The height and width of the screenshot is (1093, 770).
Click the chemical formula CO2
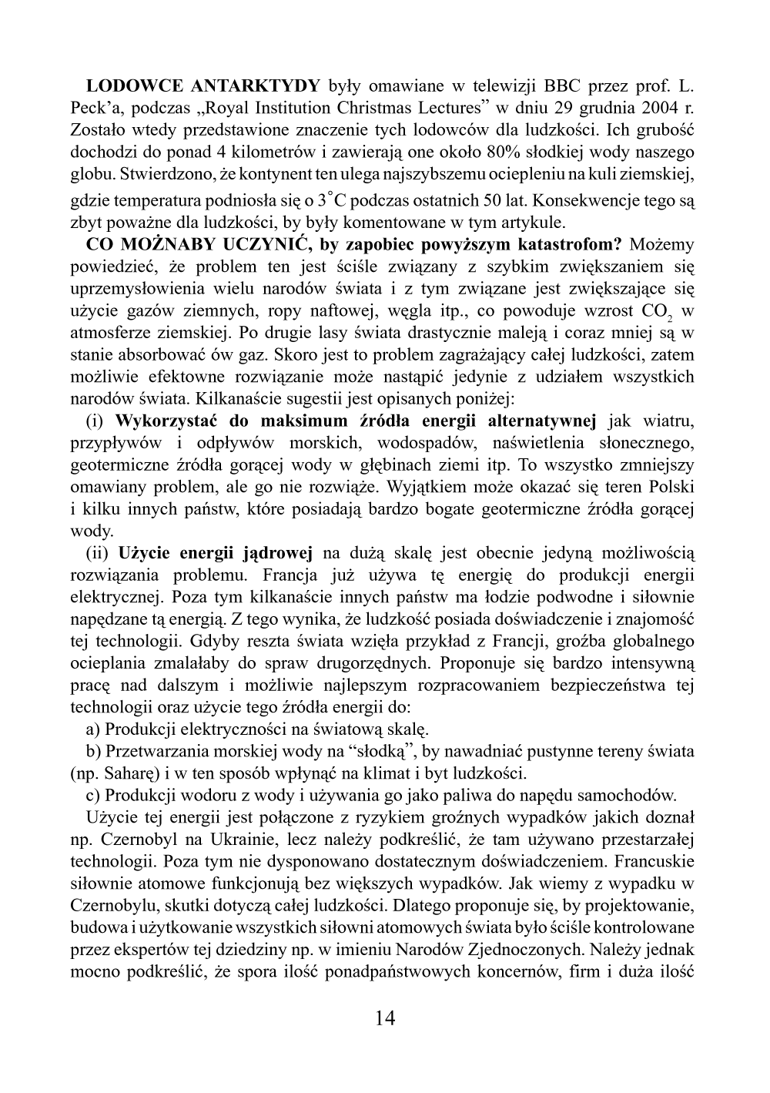click(657, 312)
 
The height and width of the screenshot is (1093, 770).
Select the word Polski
click(671, 488)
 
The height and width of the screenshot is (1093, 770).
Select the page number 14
click(384, 1018)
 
